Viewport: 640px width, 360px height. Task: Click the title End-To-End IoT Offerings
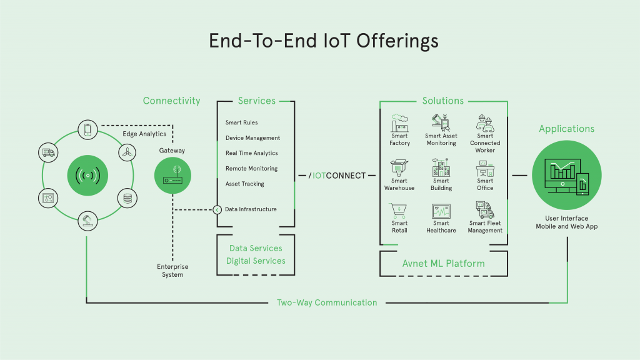[x=323, y=41]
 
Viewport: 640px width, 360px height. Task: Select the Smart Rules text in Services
[x=242, y=122]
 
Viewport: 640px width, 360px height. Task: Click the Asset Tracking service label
[x=245, y=184]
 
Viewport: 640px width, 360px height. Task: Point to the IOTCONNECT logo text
[x=337, y=176]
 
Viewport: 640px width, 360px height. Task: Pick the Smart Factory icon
[x=399, y=121]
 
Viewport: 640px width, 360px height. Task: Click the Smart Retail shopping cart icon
[x=399, y=210]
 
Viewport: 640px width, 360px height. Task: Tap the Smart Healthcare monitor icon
[x=441, y=211]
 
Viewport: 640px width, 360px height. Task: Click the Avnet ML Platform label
[x=444, y=263]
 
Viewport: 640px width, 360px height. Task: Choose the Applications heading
[x=567, y=129]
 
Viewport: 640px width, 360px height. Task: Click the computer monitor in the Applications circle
[x=561, y=176]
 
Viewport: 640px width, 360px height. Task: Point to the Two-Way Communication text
[x=327, y=302]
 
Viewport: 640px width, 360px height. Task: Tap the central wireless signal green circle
[x=87, y=175]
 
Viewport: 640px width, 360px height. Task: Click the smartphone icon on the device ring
[x=87, y=129]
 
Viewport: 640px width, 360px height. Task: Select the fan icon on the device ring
[x=127, y=152]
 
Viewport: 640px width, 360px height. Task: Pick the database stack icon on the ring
[x=127, y=198]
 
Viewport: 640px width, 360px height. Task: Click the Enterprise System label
[x=173, y=271]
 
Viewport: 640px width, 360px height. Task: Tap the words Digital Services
[x=256, y=261]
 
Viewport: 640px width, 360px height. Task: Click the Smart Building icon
[x=441, y=167]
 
